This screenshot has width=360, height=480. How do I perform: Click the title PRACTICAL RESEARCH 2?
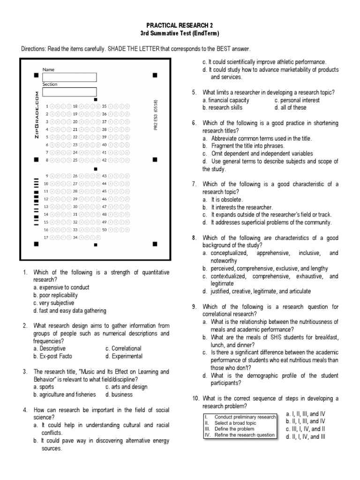coord(180,26)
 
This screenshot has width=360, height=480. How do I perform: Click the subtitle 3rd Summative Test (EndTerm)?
coord(180,34)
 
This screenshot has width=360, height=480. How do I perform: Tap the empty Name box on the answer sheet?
coord(69,77)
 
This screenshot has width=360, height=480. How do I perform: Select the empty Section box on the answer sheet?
coord(69,91)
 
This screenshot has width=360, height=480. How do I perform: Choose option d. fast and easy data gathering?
coord(69,311)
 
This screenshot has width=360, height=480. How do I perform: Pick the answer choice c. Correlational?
coord(123,349)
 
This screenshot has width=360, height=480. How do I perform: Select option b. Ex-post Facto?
coord(52,356)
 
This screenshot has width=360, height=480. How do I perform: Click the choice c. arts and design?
coord(126,387)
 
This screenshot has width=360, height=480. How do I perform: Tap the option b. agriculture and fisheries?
coord(64,395)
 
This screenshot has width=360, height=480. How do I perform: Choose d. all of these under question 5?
coord(290,107)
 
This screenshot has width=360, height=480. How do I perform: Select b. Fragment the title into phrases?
coord(243,146)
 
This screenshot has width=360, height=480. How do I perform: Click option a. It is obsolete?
coord(222,200)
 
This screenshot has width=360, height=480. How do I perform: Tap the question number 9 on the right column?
coord(194,307)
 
